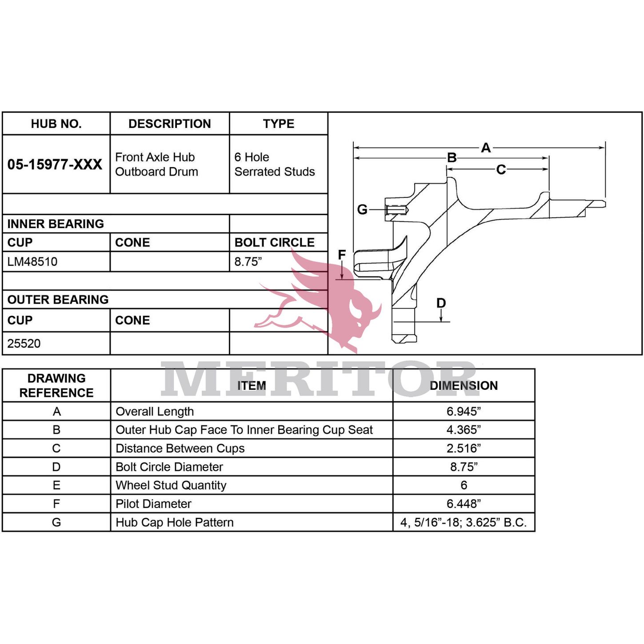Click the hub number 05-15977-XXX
55,164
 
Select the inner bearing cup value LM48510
32,261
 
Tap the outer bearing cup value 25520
24,343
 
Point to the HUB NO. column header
56,124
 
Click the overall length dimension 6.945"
464,411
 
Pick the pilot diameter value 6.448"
464,503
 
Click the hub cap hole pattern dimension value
463,522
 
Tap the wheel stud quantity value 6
464,485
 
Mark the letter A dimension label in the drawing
486,148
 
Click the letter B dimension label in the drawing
452,157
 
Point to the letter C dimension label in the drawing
500,169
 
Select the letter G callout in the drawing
362,209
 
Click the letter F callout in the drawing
341,255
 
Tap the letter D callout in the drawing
441,303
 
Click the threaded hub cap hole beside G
397,210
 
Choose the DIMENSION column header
464,385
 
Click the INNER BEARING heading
56,224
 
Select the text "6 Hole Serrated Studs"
274,164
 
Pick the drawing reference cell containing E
56,485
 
